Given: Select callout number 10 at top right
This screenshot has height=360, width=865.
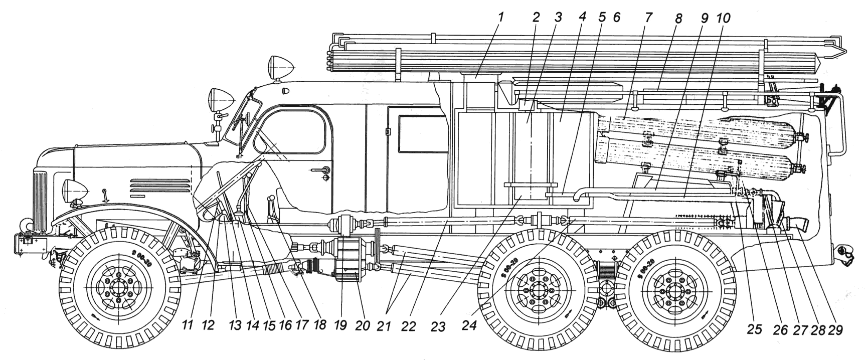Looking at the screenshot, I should pos(723,19).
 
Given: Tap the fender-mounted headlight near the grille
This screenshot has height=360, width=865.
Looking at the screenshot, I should pos(74,191).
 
